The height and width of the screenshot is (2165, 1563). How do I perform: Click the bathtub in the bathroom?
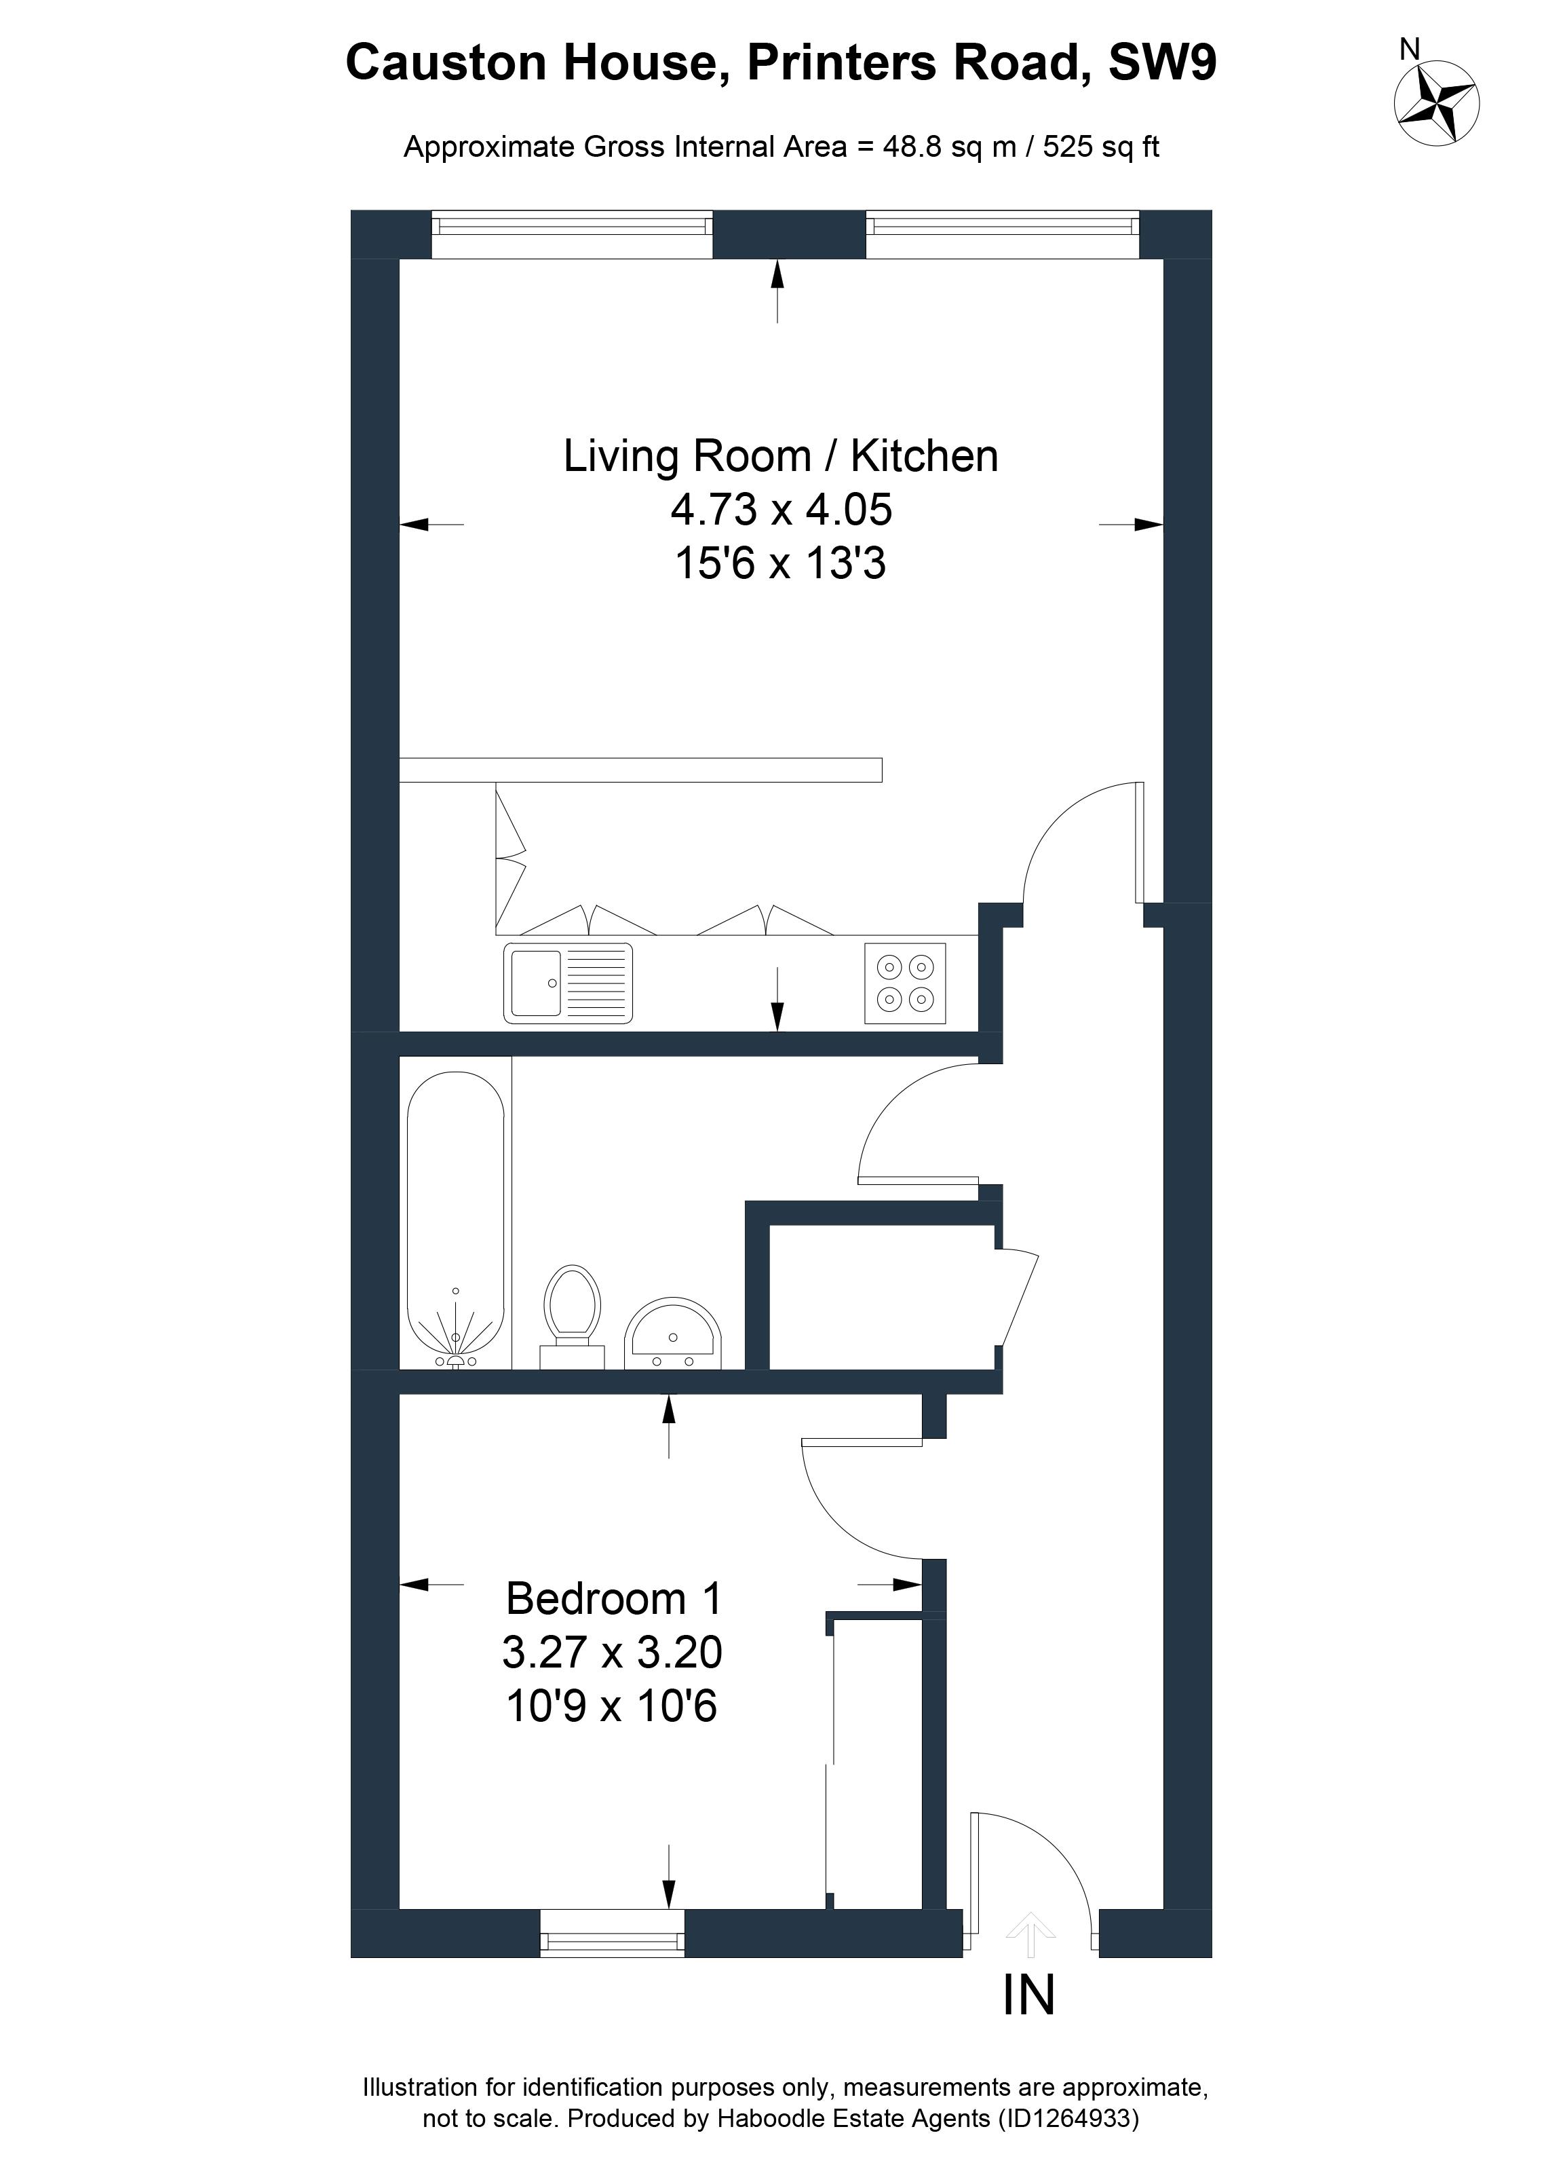tap(455, 1221)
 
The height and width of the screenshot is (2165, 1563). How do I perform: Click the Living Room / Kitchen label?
tap(781, 455)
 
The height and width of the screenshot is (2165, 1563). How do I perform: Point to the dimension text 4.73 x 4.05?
tap(781, 510)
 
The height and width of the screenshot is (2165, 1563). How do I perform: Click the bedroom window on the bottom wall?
tap(613, 1933)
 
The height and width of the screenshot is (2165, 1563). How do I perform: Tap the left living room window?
tap(572, 234)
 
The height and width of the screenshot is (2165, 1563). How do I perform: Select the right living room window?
tap(1003, 234)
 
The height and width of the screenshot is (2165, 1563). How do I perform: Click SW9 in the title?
tap(1161, 63)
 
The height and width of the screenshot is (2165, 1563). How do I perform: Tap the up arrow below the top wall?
tap(777, 290)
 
